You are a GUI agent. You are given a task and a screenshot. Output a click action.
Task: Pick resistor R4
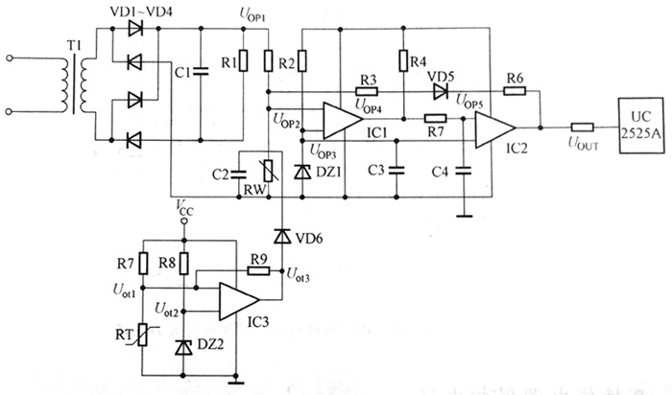pyautogui.click(x=403, y=62)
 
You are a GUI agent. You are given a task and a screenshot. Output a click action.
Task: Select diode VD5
pyautogui.click(x=440, y=90)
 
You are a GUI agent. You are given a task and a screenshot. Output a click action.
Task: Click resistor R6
pyautogui.click(x=515, y=90)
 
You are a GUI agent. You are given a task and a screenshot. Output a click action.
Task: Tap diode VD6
pyautogui.click(x=282, y=236)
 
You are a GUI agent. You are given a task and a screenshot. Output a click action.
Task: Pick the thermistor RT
pyautogui.click(x=144, y=335)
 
